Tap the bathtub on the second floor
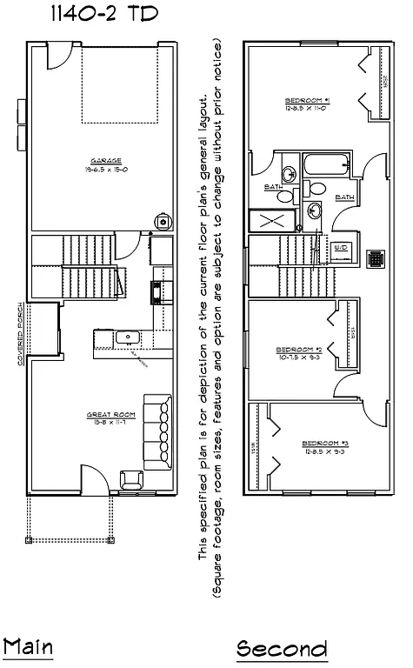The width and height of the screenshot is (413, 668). coord(327,165)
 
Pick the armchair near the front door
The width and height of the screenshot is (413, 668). coord(131,478)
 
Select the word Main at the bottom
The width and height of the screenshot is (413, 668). coord(28,648)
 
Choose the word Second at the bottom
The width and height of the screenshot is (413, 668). coord(283,649)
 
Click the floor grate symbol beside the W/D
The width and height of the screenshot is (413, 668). coord(376,258)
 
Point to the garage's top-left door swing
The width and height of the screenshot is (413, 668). coord(53,57)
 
